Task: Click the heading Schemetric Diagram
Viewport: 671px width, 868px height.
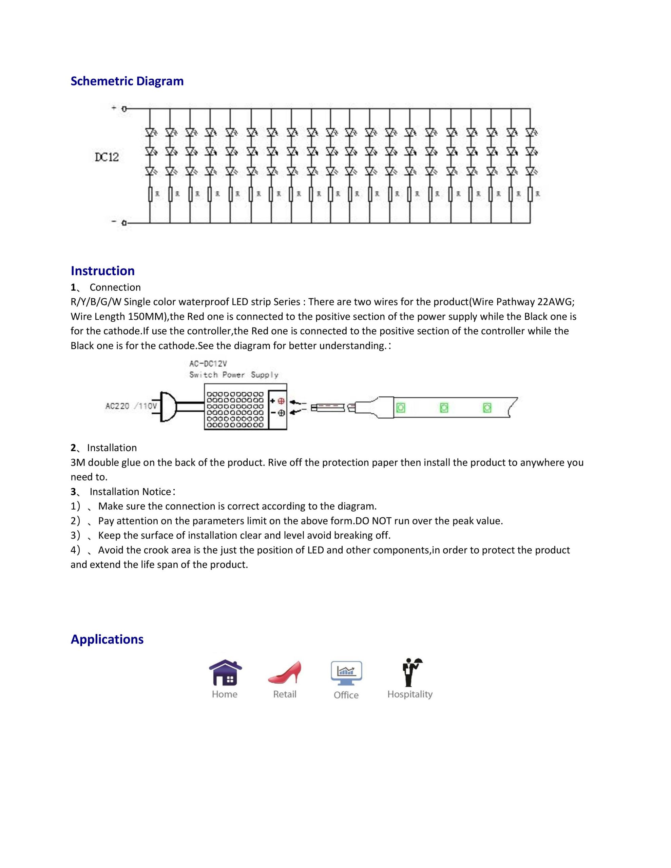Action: (127, 81)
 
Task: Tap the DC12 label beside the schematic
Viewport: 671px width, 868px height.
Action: (107, 157)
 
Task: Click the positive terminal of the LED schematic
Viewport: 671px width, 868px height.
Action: (124, 108)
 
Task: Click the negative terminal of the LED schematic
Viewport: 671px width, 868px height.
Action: (124, 223)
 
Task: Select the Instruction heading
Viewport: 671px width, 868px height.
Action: (103, 271)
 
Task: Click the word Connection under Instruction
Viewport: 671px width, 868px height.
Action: (115, 287)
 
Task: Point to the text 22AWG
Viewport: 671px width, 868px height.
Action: (556, 302)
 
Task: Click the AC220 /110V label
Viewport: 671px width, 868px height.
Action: (131, 406)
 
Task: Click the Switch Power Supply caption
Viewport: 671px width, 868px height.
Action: (233, 375)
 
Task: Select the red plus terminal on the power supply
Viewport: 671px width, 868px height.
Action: (281, 401)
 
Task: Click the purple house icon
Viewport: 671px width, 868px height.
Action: (226, 672)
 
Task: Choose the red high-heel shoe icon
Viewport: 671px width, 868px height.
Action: (285, 672)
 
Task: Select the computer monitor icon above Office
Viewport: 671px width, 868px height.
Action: (346, 673)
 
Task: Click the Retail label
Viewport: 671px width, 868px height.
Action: (285, 694)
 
